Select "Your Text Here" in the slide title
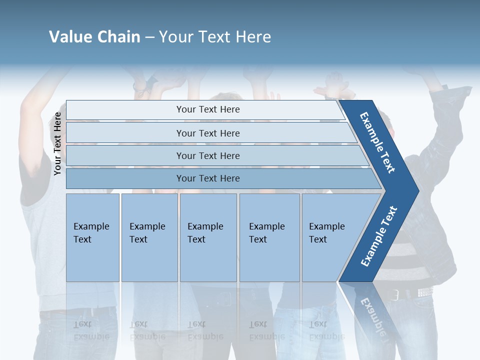click(215, 36)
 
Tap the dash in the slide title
click(149, 37)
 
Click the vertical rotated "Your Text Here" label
click(57, 143)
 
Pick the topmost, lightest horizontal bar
click(207, 109)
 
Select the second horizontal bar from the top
click(207, 133)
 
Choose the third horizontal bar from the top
click(207, 155)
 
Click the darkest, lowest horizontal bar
click(207, 178)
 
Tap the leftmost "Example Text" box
click(92, 237)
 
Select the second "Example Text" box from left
click(149, 237)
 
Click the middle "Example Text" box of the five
click(208, 237)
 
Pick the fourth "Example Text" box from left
click(269, 237)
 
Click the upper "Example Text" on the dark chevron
click(377, 142)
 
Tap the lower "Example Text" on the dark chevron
click(378, 236)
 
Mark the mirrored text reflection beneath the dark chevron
click(372, 314)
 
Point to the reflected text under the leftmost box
click(91, 330)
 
